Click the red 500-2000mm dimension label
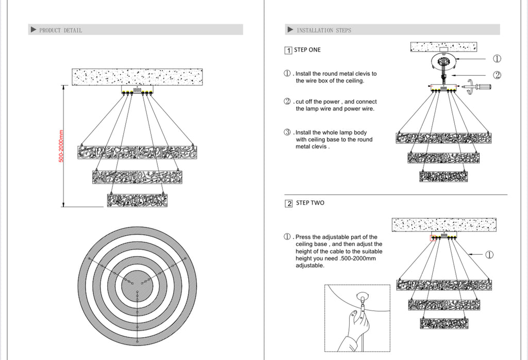(61, 146)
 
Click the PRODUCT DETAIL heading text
(61, 30)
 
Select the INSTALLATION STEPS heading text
(324, 30)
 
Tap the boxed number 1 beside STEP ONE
(288, 51)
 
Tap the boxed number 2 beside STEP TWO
(289, 203)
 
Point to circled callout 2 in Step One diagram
(497, 75)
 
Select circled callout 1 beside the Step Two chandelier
(489, 255)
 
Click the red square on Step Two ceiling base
(433, 238)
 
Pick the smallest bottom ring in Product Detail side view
(137, 201)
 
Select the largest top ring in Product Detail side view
(137, 153)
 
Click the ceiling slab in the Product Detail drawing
(137, 77)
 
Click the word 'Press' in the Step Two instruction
(303, 237)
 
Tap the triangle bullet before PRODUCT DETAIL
(34, 29)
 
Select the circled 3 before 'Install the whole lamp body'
(287, 133)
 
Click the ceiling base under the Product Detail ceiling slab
(137, 89)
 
